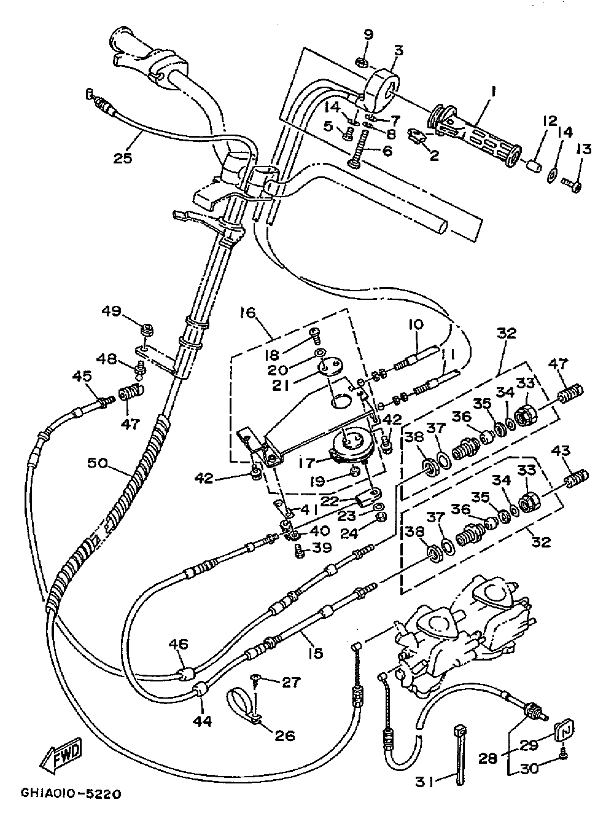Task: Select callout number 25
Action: coord(123,158)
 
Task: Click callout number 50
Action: coord(98,464)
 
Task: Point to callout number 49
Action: coord(111,311)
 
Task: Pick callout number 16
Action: coord(248,313)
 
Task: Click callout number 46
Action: coord(178,644)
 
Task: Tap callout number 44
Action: coord(203,721)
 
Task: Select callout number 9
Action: coord(368,34)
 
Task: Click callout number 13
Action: coord(584,149)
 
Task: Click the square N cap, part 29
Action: coord(564,729)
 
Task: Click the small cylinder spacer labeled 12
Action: coord(533,165)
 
